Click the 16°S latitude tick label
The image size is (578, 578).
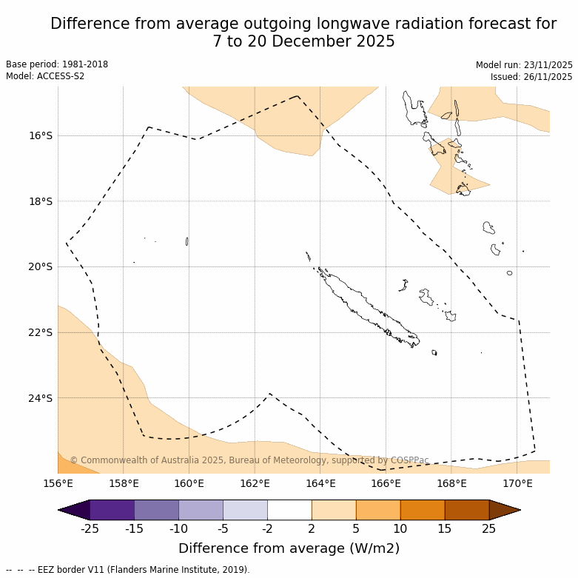41,135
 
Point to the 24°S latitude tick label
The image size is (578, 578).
41,398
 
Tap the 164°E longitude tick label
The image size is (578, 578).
320,484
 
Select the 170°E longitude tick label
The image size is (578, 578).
517,484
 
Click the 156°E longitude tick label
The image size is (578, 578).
58,484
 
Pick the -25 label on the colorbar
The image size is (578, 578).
90,528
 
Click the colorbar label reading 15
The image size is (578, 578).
445,528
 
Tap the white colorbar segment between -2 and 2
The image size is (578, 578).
289,510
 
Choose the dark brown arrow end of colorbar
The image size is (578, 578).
505,510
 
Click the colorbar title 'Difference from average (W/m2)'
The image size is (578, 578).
289,548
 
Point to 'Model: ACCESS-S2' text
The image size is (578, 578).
45,76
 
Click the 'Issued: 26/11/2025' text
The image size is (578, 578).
531,77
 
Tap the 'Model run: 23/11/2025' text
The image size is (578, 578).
524,65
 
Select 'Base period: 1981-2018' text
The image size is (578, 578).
57,64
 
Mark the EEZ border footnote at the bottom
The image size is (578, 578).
128,570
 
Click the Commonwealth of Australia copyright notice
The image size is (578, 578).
249,460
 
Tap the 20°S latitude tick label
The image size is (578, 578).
41,266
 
